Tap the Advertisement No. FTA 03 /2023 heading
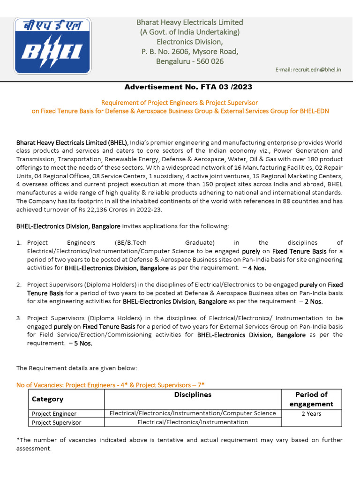point(188,87)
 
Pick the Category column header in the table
point(47,399)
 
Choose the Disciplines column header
point(193,395)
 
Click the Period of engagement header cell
point(311,399)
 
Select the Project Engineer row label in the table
point(54,413)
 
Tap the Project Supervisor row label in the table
point(56,422)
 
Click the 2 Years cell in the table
point(311,413)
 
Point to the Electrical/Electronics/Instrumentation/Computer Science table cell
point(193,413)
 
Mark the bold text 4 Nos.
point(257,268)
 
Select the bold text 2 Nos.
point(314,301)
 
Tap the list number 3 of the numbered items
point(19,318)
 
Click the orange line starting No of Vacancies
point(111,385)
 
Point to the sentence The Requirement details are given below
point(77,368)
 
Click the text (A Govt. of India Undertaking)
point(190,32)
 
